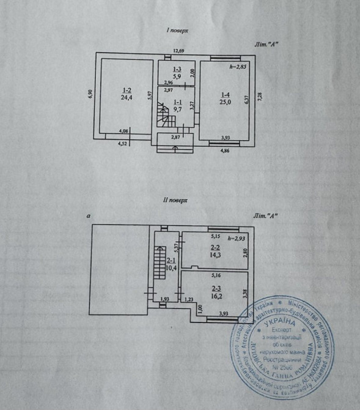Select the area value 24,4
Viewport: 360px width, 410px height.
click(x=126, y=97)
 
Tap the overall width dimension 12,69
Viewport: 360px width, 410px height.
click(x=178, y=51)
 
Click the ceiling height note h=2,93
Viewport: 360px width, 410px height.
click(x=236, y=237)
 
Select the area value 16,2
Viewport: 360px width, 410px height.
click(x=216, y=294)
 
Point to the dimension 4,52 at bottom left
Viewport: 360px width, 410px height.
click(x=122, y=145)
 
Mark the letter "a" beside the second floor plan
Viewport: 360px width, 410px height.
click(x=89, y=216)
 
